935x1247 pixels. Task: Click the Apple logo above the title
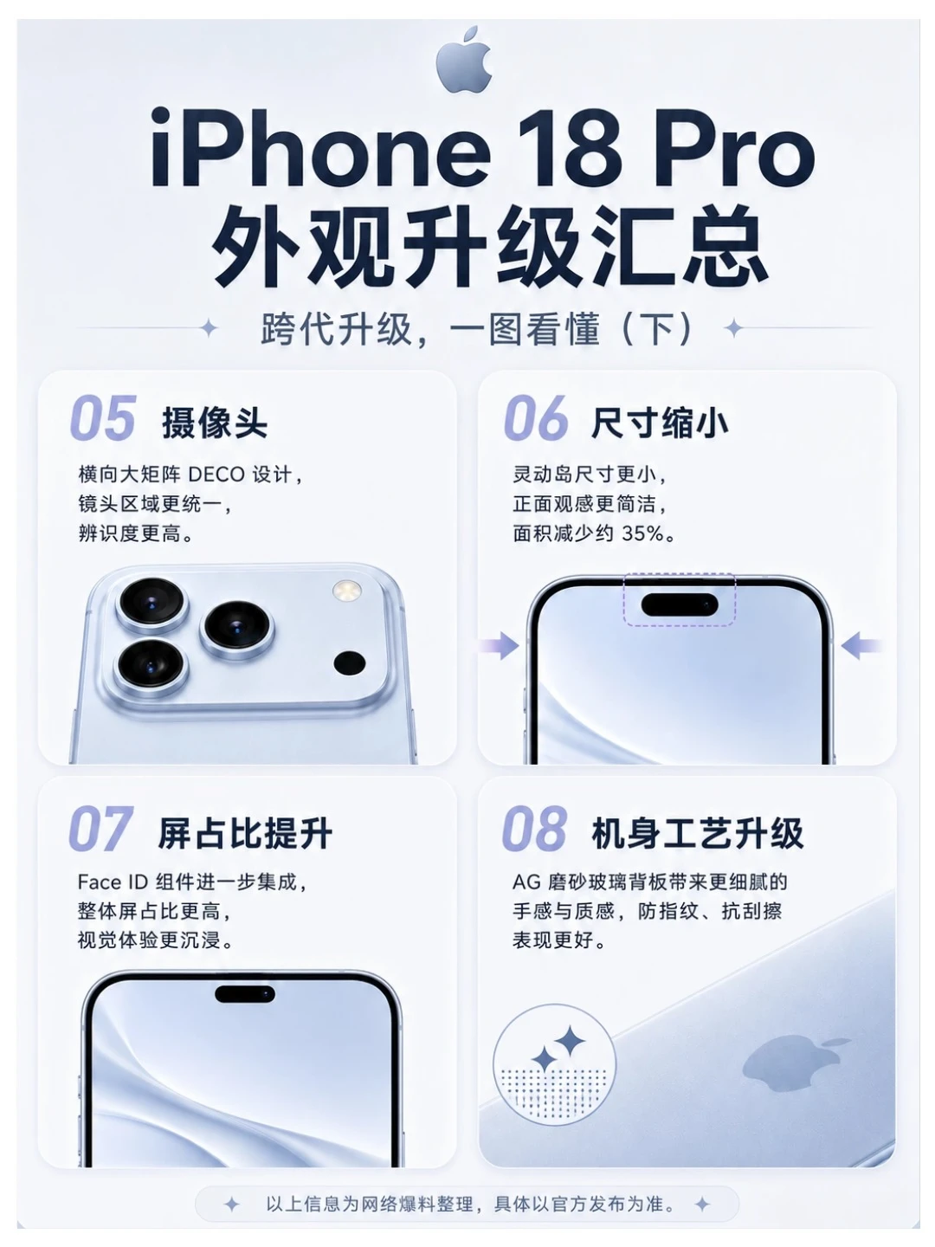pyautogui.click(x=464, y=60)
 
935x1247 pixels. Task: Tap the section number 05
pyautogui.click(x=103, y=418)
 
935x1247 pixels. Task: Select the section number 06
pyautogui.click(x=535, y=418)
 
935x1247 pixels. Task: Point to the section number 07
pyautogui.click(x=101, y=828)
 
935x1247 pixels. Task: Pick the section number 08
pyautogui.click(x=534, y=828)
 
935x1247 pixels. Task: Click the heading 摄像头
pyautogui.click(x=215, y=423)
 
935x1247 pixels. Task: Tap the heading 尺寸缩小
pyautogui.click(x=659, y=423)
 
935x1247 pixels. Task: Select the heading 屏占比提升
pyautogui.click(x=245, y=833)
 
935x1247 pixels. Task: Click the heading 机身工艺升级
pyautogui.click(x=697, y=833)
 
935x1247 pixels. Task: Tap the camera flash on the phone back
pyautogui.click(x=346, y=591)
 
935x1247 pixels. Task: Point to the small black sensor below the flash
pyautogui.click(x=349, y=663)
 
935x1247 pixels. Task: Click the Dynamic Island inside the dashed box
pyautogui.click(x=680, y=604)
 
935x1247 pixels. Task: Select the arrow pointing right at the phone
pyautogui.click(x=499, y=646)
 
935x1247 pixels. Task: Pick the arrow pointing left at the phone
pyautogui.click(x=860, y=646)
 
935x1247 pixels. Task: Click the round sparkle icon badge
pyautogui.click(x=554, y=1064)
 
